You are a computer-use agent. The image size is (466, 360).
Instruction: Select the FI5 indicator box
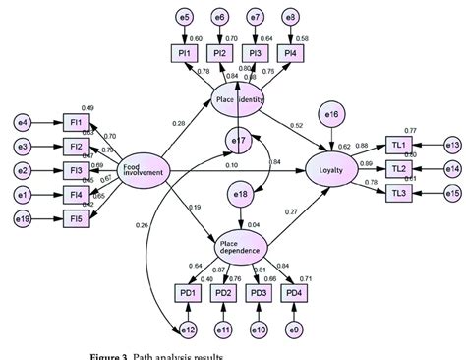coord(74,217)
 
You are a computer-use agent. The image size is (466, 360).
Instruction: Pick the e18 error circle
coord(239,197)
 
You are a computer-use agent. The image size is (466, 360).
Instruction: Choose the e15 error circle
coord(451,193)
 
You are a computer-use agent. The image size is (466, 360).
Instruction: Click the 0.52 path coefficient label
coord(297,126)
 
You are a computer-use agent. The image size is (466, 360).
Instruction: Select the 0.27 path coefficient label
coord(290,211)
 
